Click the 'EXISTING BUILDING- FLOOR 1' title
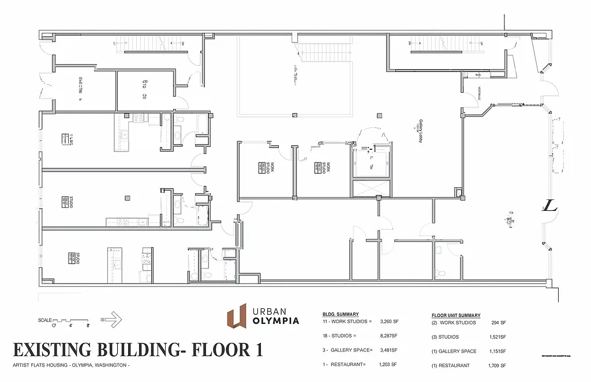point(137,350)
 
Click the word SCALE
point(44,320)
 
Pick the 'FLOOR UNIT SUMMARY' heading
point(456,315)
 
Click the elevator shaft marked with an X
point(371,188)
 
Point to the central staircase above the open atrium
point(324,52)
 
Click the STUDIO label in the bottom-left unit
point(77,259)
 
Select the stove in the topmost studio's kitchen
point(139,118)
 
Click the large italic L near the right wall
point(550,207)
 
